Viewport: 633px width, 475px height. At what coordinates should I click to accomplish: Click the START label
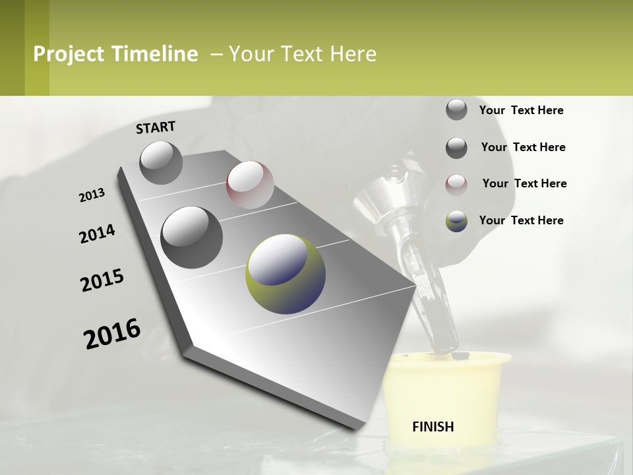tap(156, 127)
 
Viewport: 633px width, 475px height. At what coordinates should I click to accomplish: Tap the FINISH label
tap(433, 427)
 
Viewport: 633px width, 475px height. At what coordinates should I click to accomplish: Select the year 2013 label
tap(92, 195)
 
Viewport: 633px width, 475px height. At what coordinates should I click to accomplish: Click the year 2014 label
tap(97, 234)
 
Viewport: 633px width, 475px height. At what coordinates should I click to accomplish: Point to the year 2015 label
tap(102, 280)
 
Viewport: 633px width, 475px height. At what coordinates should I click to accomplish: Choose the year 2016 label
tap(112, 334)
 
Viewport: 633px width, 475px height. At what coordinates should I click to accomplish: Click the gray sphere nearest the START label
tap(162, 162)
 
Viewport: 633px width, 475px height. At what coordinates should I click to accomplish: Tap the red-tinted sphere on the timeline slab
tap(250, 185)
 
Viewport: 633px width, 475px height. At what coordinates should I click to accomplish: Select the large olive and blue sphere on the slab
tap(286, 274)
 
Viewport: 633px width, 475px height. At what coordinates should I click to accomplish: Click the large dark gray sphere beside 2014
tap(192, 237)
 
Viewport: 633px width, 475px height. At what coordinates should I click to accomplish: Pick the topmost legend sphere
tap(456, 110)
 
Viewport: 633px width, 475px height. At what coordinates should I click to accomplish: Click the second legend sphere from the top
tap(456, 148)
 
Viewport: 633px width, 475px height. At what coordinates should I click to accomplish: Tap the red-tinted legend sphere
tap(456, 184)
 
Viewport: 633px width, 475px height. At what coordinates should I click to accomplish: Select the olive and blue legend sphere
tap(456, 221)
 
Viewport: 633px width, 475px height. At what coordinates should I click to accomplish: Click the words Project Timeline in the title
tap(115, 54)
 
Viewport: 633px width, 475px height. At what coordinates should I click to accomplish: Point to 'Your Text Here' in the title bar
tap(302, 54)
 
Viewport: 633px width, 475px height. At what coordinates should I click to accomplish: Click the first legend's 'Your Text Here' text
tap(521, 110)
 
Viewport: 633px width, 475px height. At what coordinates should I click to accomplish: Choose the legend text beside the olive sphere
tap(521, 220)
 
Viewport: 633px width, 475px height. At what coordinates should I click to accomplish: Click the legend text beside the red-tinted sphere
tap(524, 183)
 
